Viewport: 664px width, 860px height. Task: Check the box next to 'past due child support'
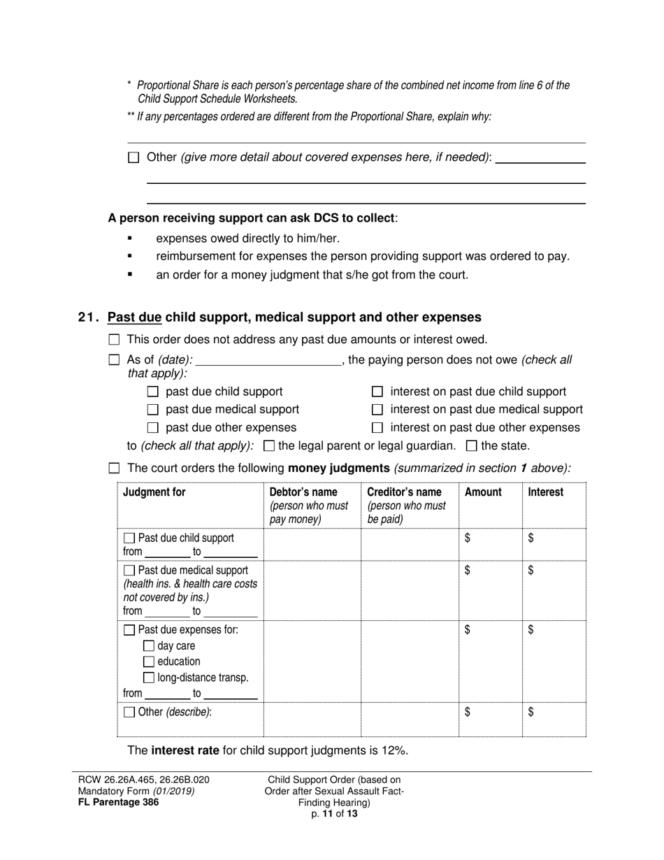pyautogui.click(x=153, y=392)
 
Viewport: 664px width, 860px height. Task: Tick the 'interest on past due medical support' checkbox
pyautogui.click(x=377, y=410)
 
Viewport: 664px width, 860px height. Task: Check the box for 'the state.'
pyautogui.click(x=471, y=445)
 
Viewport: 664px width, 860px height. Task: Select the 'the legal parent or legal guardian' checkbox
pyautogui.click(x=268, y=445)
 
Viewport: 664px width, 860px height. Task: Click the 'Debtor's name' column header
pyautogui.click(x=303, y=492)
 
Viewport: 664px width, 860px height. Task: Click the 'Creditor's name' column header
pyautogui.click(x=404, y=492)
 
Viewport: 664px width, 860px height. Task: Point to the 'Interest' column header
pyautogui.click(x=545, y=492)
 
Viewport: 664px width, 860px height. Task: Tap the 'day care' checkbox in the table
pyautogui.click(x=148, y=646)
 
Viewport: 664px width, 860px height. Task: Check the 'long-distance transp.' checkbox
pyautogui.click(x=148, y=678)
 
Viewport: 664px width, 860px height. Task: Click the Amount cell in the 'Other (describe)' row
pyautogui.click(x=490, y=719)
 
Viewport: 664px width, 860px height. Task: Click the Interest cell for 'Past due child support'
pyautogui.click(x=553, y=544)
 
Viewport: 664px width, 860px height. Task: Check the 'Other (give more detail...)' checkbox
pyautogui.click(x=133, y=158)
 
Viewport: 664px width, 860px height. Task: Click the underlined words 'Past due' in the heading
pyautogui.click(x=134, y=317)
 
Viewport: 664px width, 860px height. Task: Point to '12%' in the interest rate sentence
pyautogui.click(x=394, y=751)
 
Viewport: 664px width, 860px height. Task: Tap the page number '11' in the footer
pyautogui.click(x=328, y=813)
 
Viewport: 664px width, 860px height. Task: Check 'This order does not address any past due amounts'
pyautogui.click(x=115, y=340)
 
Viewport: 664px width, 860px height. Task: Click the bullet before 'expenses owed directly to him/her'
pyautogui.click(x=130, y=238)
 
